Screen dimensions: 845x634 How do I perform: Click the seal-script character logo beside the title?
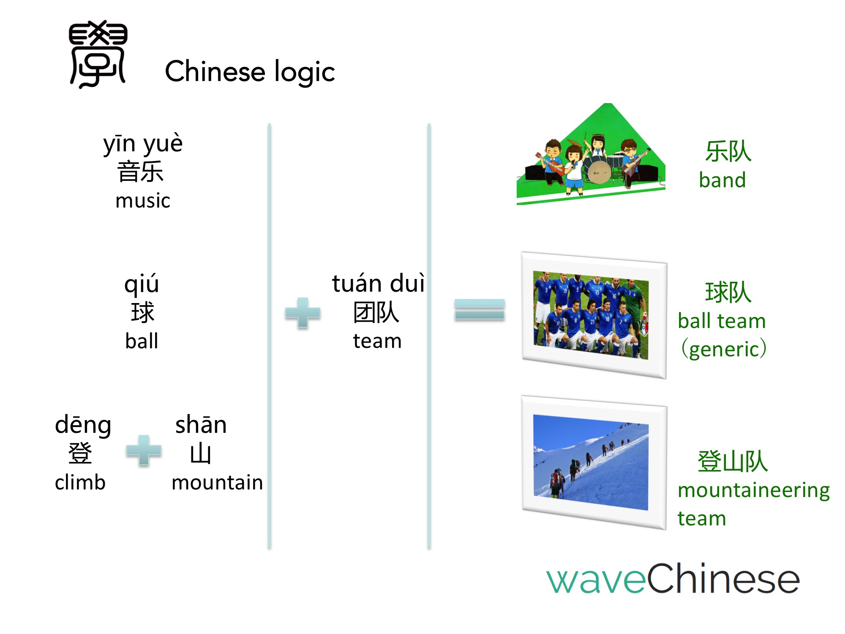98,54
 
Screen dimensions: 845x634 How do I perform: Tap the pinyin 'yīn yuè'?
143,144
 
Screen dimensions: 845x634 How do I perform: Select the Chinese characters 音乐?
140,172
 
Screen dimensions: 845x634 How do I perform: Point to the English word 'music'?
143,200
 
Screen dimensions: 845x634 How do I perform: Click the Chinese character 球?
143,312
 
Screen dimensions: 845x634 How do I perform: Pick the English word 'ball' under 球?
142,341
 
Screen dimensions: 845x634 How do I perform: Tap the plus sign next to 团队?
303,313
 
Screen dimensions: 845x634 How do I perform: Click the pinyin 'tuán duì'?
378,283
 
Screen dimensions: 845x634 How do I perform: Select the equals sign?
480,309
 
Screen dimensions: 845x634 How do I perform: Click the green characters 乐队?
728,151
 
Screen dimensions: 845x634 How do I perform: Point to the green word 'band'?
722,180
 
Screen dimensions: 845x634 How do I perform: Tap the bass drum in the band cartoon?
599,172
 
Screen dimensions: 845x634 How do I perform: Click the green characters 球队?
728,292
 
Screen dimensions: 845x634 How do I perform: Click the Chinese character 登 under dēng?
80,453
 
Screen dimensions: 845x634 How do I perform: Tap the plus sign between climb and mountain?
144,451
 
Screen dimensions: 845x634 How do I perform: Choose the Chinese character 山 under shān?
201,453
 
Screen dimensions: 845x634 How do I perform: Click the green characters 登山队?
733,461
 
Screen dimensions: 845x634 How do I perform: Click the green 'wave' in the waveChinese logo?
596,580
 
